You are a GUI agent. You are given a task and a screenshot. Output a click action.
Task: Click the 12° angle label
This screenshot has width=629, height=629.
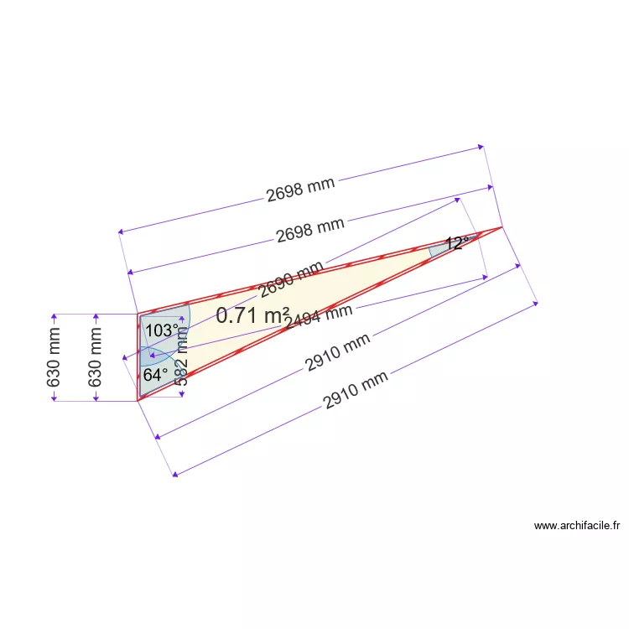coord(457,243)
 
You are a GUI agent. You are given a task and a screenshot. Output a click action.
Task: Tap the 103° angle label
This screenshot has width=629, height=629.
coord(162,330)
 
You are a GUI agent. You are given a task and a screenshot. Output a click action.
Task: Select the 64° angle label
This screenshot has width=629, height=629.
coord(155,375)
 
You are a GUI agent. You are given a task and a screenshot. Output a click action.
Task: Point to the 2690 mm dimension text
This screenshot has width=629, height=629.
coord(290,280)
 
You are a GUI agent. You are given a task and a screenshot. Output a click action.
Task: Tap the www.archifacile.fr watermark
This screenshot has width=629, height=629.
coord(577,526)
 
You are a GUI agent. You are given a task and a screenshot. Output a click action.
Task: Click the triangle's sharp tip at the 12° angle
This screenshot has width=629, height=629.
coord(502,226)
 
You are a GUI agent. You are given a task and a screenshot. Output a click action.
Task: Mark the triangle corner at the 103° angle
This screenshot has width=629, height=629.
coord(138,314)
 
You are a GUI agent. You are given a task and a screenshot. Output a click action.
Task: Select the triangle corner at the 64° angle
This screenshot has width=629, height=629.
coord(138,401)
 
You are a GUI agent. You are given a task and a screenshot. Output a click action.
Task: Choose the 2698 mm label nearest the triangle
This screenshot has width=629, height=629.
coord(310,229)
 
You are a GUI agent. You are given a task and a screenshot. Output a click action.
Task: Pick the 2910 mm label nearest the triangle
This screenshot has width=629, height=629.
coord(337,352)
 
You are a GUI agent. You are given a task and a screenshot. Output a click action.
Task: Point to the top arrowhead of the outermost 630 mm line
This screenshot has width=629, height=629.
coord(55,317)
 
